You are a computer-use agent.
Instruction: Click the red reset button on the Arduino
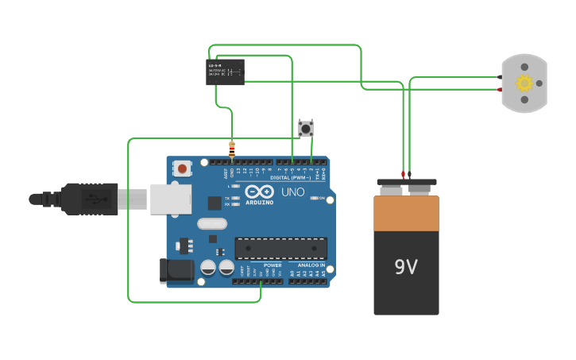pos(183,168)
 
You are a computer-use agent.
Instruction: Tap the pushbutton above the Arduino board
pos(306,128)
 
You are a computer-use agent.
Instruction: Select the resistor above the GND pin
pos(232,149)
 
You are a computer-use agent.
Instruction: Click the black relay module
pos(225,72)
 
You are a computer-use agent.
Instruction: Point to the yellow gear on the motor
pos(524,83)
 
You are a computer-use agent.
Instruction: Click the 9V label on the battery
pos(406,267)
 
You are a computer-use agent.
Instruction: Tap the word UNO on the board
pos(293,192)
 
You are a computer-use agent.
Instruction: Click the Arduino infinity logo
pos(259,192)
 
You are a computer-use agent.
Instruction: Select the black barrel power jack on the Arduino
pos(176,270)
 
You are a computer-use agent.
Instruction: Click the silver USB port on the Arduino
pos(171,199)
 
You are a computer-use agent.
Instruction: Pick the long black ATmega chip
pos(280,248)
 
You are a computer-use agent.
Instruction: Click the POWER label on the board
pos(273,265)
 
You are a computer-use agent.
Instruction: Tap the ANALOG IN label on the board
pos(311,265)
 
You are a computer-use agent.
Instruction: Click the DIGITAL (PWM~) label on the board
pos(291,178)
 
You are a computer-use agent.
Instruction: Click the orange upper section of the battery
pos(406,213)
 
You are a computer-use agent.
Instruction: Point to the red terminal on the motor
pos(500,90)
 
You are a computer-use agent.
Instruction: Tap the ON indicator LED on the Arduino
pos(315,198)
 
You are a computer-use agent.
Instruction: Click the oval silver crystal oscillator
pos(212,224)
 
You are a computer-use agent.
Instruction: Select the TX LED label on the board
pos(227,198)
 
